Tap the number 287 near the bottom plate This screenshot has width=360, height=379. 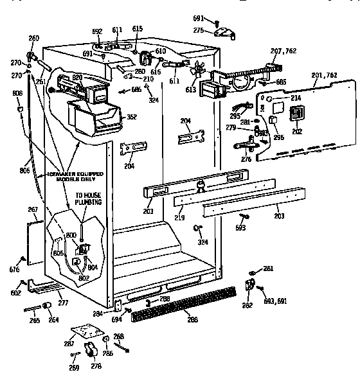69,344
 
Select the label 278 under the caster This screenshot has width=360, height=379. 95,367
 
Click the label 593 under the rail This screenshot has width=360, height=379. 240,227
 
